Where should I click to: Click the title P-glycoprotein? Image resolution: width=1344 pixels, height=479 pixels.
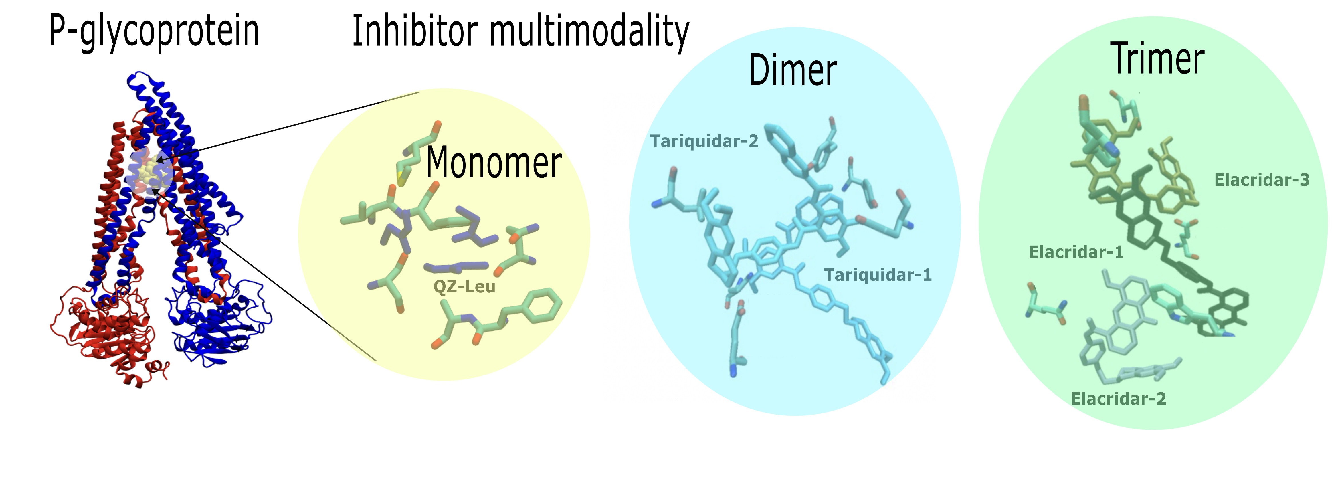154,31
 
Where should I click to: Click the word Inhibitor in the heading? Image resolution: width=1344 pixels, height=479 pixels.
415,31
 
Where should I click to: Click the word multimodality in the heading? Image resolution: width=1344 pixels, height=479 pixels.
589,32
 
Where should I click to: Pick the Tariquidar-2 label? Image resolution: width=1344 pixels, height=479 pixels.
704,141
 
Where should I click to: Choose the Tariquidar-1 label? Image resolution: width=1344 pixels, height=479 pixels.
878,274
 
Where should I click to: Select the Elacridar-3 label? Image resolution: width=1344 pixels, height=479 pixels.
1262,180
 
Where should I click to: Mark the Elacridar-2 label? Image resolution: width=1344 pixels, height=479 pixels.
1118,399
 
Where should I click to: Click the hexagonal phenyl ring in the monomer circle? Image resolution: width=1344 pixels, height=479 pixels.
543,305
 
